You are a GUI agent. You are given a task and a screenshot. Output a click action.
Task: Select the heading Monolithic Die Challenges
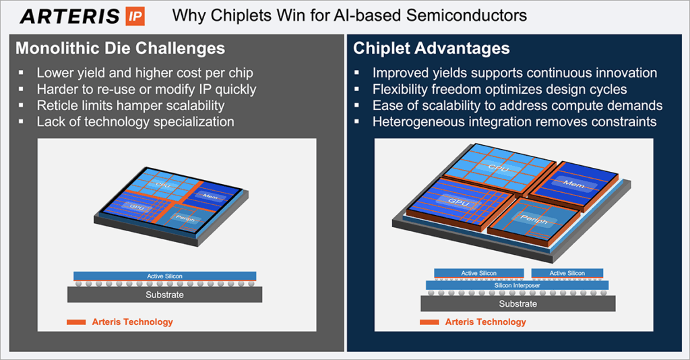coord(120,49)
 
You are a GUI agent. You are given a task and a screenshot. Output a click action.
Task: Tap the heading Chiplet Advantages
coord(431,49)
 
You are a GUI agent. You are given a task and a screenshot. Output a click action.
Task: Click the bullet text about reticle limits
coord(130,105)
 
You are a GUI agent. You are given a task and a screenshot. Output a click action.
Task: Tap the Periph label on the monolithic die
coord(182,217)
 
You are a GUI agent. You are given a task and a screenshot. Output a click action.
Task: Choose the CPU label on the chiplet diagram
coord(497,168)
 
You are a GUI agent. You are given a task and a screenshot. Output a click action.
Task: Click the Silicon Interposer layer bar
coord(517,285)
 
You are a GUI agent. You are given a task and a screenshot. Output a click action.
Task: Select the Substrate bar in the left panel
coord(164,295)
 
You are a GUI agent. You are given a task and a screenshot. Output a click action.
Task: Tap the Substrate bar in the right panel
coord(517,303)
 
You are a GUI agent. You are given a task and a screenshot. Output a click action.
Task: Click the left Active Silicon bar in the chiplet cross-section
coord(478,273)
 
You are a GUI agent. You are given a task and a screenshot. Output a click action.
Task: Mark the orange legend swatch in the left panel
coord(75,322)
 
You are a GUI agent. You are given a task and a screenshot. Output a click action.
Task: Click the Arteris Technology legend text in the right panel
coord(485,322)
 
